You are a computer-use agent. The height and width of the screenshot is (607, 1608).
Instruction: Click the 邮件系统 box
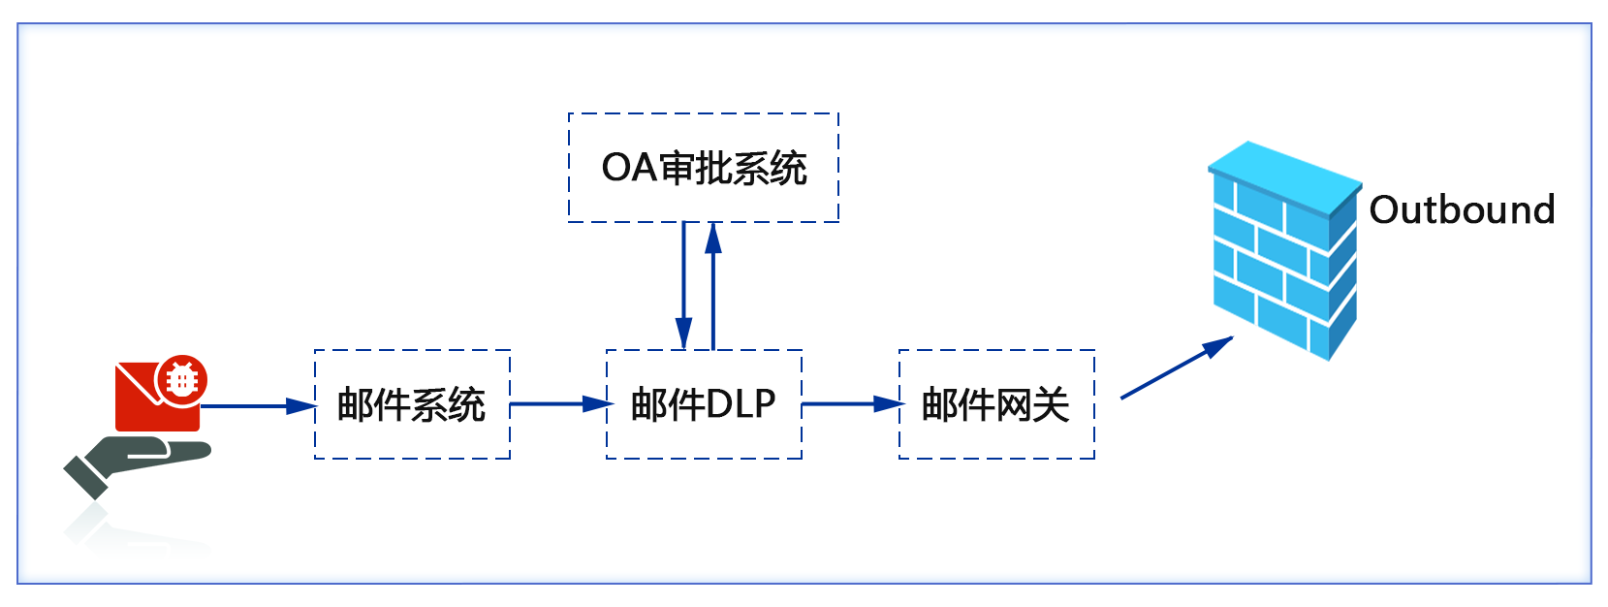point(412,404)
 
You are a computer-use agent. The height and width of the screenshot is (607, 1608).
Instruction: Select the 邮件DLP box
point(704,404)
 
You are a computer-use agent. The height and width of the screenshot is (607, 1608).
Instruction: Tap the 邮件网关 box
point(996,404)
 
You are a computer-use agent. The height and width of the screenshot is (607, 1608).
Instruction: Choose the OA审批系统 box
point(704,168)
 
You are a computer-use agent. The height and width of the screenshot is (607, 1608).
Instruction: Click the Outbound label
point(1462,209)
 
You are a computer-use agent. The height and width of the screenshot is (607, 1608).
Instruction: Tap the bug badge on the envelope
point(181,379)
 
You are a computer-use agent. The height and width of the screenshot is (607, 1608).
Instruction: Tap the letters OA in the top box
point(629,168)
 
